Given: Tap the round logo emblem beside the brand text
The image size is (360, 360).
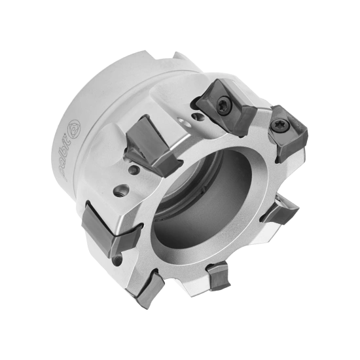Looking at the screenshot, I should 73,128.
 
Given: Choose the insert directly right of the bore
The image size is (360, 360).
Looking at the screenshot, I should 280,213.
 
